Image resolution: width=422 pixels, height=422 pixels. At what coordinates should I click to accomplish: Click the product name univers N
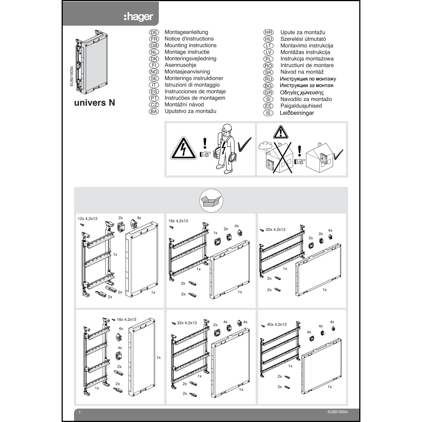(x=95, y=103)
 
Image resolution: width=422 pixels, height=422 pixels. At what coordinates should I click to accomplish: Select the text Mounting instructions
(x=190, y=45)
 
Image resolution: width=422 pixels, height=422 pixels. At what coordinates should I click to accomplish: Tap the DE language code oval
(x=154, y=32)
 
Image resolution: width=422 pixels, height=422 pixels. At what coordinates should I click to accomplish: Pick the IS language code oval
(x=268, y=113)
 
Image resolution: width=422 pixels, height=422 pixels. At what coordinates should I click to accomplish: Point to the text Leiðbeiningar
(x=297, y=113)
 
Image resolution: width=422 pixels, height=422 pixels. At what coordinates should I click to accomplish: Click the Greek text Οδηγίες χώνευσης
(x=302, y=93)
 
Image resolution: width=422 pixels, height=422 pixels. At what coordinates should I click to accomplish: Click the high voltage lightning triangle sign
(x=183, y=149)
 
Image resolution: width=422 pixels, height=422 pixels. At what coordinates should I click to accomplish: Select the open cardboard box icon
(x=211, y=201)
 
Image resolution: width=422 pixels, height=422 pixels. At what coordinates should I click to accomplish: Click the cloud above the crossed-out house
(x=265, y=145)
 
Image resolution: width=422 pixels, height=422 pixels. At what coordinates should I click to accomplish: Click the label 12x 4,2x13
(x=87, y=219)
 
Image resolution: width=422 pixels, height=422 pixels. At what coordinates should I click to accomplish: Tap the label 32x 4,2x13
(x=187, y=323)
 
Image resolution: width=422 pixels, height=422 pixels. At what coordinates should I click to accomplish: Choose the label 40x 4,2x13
(x=277, y=324)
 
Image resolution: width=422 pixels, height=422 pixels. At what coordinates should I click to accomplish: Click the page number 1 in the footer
(x=80, y=412)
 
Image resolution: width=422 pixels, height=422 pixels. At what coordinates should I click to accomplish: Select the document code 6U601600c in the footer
(x=338, y=412)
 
